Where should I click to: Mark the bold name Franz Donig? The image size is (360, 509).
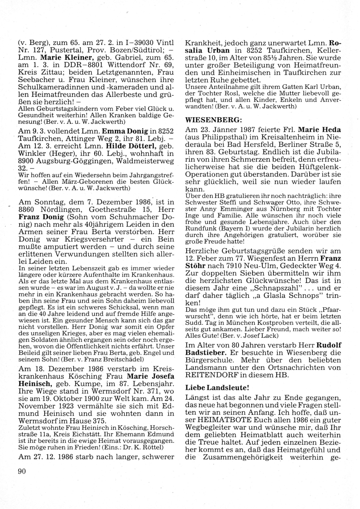point(35,218)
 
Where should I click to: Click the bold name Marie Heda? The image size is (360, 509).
point(319,129)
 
